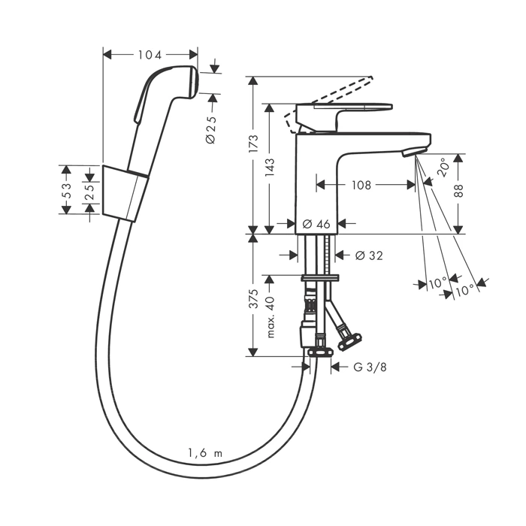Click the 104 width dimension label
tap(150, 55)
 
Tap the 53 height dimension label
tap(66, 189)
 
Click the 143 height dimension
tap(268, 167)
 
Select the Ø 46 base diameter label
tap(316, 223)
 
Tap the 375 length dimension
tap(254, 298)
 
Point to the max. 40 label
tap(270, 316)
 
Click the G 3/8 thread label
tap(368, 367)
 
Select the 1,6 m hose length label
tap(205, 452)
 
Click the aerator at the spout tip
tap(410, 153)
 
